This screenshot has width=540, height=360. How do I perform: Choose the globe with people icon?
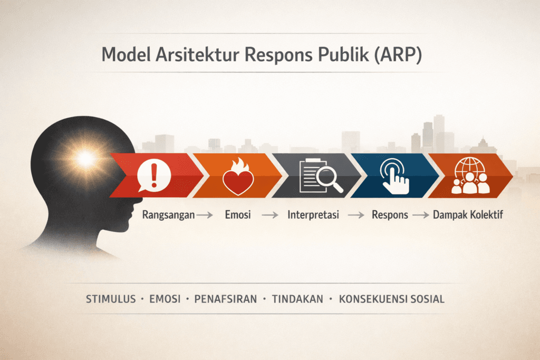point(471,176)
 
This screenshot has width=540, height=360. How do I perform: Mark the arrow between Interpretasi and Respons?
point(355,216)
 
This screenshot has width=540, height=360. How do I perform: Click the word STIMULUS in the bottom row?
point(109,299)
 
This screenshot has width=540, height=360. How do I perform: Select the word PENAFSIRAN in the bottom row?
point(225,299)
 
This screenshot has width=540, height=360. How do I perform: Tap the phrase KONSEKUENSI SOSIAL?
point(392,299)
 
